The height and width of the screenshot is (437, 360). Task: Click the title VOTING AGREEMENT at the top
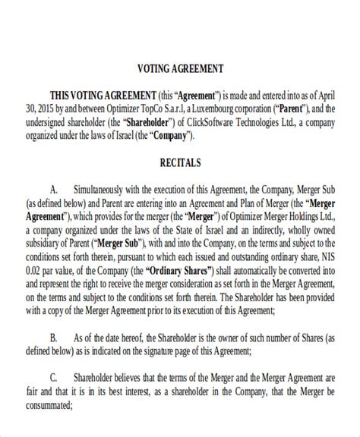179,68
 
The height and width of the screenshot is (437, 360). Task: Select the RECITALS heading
179,162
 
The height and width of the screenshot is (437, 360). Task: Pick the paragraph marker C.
53,376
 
